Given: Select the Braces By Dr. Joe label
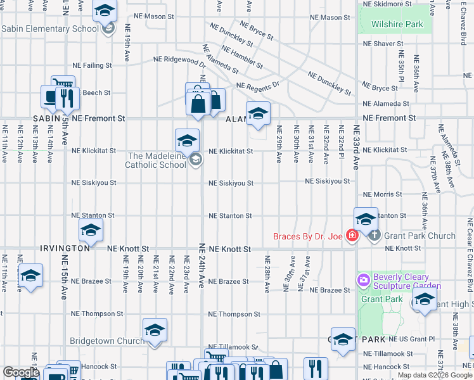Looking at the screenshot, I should point(307,236).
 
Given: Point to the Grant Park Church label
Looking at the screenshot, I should point(420,236).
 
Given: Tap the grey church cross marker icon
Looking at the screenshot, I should point(375,236).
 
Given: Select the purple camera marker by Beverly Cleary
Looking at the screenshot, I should point(364,279).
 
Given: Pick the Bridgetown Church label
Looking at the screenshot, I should point(106,341).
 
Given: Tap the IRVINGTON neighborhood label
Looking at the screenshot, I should point(65,248).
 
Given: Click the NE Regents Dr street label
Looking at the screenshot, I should point(257,85).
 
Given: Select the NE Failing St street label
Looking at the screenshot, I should point(92,65).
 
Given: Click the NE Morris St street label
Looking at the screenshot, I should point(383,194).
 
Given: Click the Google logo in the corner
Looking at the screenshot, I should point(21,372).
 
